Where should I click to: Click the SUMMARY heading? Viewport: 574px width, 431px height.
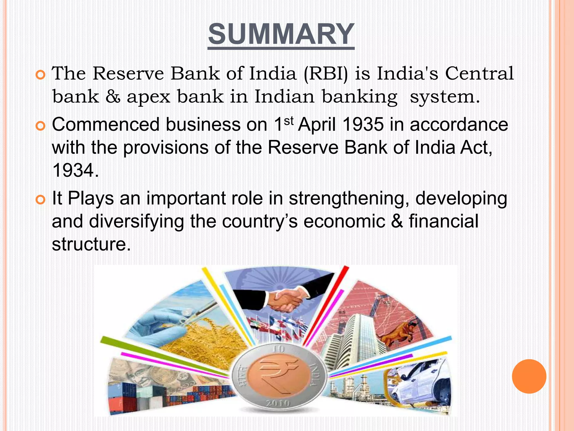coord(281,34)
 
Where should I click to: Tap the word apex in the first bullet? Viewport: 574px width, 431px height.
coord(148,97)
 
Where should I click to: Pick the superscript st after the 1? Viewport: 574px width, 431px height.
coord(289,121)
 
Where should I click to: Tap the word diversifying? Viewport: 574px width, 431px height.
coord(136,221)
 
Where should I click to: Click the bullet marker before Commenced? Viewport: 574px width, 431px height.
coord(41,126)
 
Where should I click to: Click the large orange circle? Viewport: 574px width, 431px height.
coord(529,376)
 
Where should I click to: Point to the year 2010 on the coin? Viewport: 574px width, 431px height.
coord(278,403)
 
